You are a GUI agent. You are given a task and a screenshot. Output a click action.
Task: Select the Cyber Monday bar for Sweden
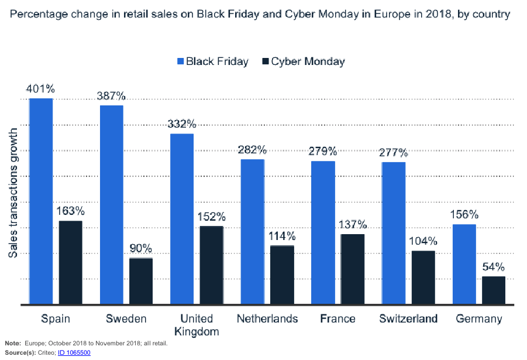tap(141, 281)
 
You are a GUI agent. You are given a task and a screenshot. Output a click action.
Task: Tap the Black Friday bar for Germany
tap(464, 264)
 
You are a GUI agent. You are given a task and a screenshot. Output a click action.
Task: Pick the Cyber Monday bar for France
tap(353, 269)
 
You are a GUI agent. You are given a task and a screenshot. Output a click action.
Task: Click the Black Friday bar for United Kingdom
tap(182, 219)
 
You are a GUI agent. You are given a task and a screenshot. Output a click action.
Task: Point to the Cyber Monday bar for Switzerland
tap(423, 277)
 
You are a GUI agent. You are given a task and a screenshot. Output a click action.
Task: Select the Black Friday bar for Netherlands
tap(253, 231)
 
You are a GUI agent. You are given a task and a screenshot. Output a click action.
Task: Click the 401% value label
tap(40, 90)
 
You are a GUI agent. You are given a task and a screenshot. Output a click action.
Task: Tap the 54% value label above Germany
tap(493, 267)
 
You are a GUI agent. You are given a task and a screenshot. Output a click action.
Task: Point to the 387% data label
tap(111, 97)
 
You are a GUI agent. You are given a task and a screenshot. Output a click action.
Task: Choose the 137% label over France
tap(352, 225)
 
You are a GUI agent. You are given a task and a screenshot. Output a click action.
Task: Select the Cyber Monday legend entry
tap(304, 61)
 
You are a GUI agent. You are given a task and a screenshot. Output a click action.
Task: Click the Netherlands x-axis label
tap(267, 319)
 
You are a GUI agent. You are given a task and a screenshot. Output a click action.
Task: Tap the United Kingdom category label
tap(197, 325)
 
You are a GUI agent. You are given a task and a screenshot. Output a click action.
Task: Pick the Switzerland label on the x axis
tap(408, 319)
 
